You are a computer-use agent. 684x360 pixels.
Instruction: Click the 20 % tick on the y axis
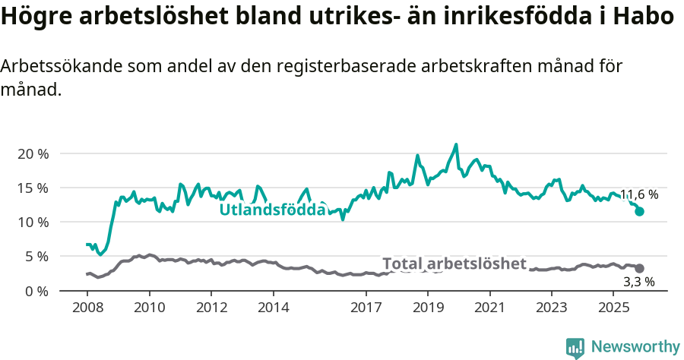32,153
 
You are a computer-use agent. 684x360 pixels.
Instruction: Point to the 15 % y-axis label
32,188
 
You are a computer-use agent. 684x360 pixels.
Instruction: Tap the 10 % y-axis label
32,222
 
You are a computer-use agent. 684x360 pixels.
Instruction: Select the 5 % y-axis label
36,257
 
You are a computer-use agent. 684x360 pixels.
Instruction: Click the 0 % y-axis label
36,291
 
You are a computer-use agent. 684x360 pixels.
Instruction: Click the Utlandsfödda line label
273,210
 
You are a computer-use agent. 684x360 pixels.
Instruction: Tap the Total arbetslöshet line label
454,264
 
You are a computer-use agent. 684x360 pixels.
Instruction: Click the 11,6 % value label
638,194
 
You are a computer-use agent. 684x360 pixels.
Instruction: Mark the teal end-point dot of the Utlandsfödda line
640,211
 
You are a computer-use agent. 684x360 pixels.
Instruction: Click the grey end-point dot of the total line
640,268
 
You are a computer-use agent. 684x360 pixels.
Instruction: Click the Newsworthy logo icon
575,347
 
